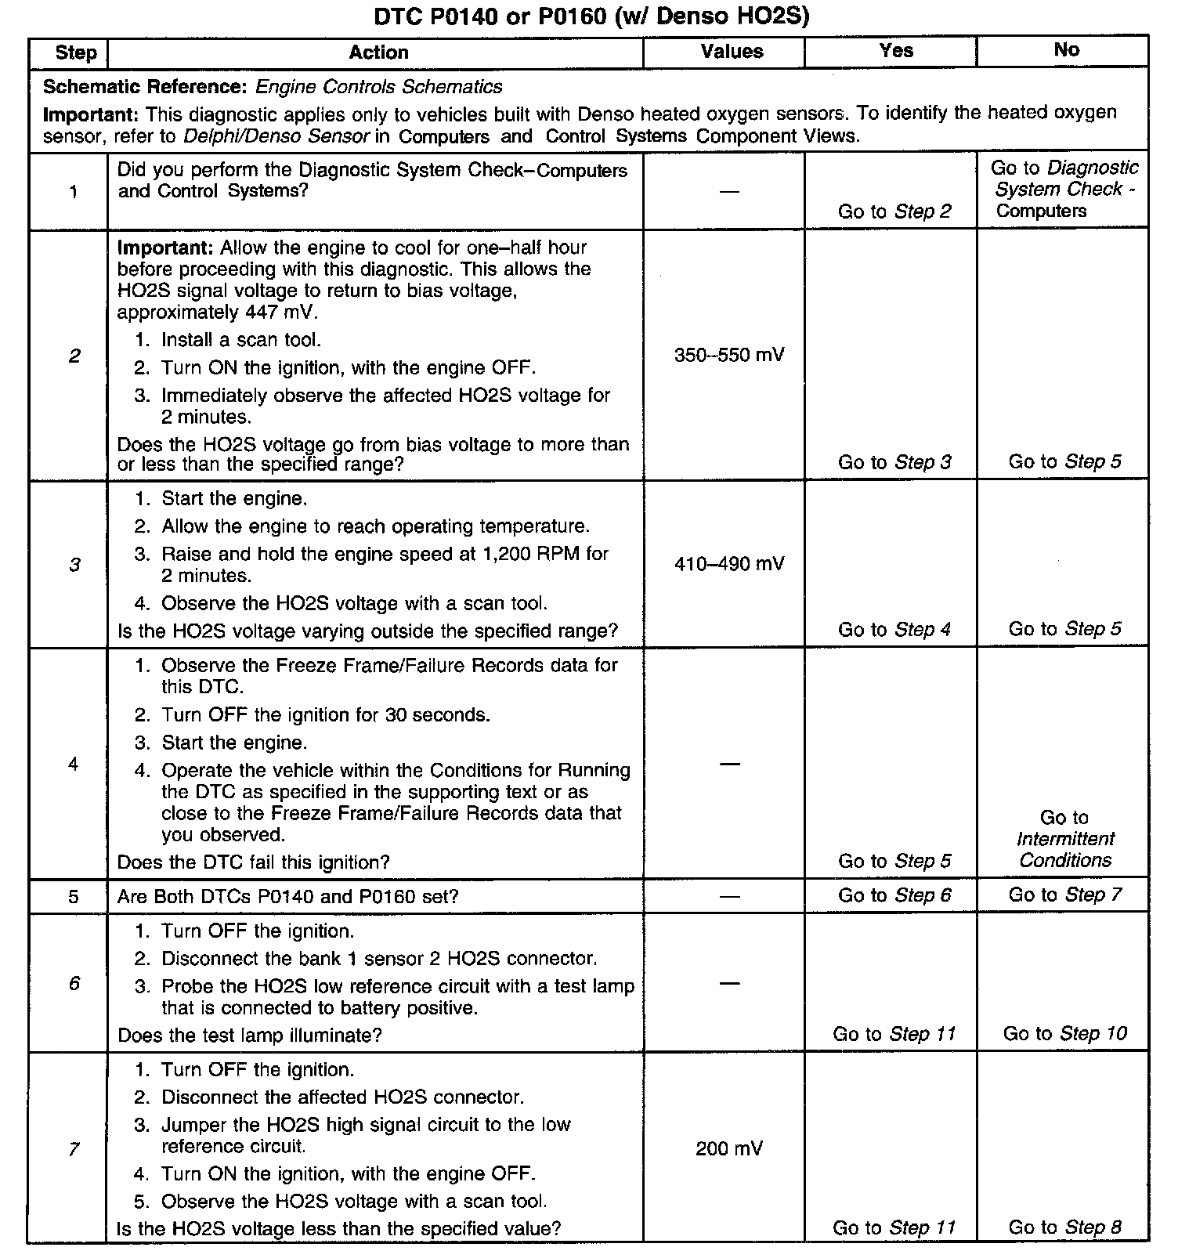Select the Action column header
[378, 52]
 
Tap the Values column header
[732, 52]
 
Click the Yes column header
[896, 51]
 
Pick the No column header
[1066, 50]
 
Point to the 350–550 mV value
[729, 356]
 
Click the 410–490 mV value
[729, 564]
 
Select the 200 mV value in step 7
[729, 1148]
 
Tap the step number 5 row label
[74, 897]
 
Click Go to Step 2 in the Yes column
[894, 211]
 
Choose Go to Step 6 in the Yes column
[894, 895]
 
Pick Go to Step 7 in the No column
[1064, 895]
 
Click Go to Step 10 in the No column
[1064, 1034]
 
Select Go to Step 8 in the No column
[1064, 1227]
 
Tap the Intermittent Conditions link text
[1064, 850]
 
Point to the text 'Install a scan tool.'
[241, 340]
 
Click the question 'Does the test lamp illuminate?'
[249, 1036]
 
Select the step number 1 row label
[74, 191]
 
